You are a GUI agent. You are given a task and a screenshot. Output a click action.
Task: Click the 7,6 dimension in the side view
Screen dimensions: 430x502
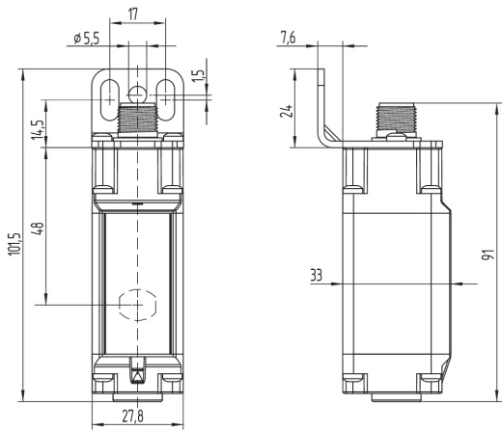coord(288,38)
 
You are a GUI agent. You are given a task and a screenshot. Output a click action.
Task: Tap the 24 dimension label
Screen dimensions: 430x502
coord(286,110)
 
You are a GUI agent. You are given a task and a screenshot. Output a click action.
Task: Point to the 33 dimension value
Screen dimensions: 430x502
coord(317,275)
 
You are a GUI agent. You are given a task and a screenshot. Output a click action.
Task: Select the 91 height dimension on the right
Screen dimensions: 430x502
coord(491,255)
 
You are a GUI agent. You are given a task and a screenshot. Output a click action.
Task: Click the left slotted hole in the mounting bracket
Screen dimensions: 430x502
coord(110,97)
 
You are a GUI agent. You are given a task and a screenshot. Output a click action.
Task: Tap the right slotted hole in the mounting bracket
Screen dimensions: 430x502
coord(168,97)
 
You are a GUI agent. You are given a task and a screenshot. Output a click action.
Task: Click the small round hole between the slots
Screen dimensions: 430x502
coord(139,94)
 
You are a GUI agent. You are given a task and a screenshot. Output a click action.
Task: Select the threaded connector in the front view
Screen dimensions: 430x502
coord(139,121)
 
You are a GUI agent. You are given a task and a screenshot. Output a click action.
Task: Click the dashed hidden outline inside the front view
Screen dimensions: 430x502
coord(135,304)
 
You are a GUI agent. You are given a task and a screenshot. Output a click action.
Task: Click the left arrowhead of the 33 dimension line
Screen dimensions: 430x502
coord(342,283)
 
